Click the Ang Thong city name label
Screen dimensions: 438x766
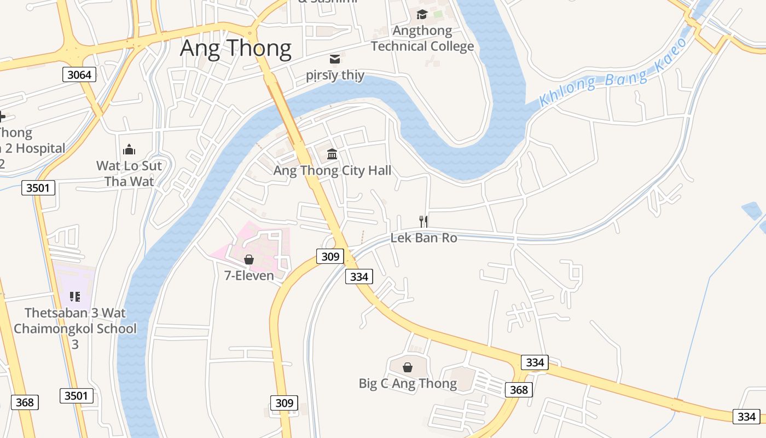click(x=235, y=48)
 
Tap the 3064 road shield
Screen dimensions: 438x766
click(x=79, y=74)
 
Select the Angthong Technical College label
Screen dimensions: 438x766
click(x=422, y=38)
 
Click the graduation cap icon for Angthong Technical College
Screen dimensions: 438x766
click(x=422, y=14)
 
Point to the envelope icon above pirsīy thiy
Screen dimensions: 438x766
click(x=334, y=59)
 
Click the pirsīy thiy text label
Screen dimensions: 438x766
click(x=335, y=75)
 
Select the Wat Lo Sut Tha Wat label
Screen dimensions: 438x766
click(x=129, y=173)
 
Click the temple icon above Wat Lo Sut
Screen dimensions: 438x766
click(x=129, y=149)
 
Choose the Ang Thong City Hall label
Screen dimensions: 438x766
click(x=332, y=170)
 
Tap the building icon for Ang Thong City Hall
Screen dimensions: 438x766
click(x=332, y=154)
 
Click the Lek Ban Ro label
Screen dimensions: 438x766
click(x=423, y=238)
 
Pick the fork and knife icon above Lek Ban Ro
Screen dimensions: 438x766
click(x=423, y=221)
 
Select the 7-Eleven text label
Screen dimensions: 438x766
click(x=249, y=275)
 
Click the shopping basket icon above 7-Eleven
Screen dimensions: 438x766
click(x=249, y=260)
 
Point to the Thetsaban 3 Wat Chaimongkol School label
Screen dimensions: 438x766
click(x=75, y=328)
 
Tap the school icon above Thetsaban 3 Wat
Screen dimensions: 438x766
click(x=75, y=297)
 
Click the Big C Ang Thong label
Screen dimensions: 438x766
click(x=408, y=383)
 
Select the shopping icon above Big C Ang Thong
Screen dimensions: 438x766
click(x=408, y=367)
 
